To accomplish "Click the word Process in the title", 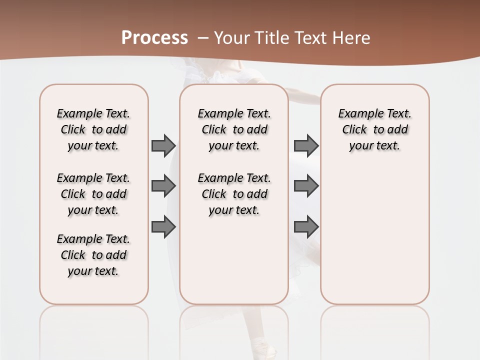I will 154,38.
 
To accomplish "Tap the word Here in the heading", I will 351,38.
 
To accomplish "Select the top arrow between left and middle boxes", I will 163,145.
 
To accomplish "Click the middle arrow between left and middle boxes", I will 163,186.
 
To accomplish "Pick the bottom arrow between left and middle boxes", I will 163,227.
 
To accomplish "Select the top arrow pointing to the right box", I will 306,145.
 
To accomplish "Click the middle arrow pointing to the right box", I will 306,186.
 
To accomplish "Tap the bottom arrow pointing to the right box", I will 306,227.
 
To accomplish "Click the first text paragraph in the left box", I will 93,129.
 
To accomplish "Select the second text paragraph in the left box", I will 93,194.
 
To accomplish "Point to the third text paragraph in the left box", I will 93,255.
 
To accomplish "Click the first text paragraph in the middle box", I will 234,129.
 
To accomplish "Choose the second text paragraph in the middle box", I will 234,194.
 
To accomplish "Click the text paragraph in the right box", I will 375,129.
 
